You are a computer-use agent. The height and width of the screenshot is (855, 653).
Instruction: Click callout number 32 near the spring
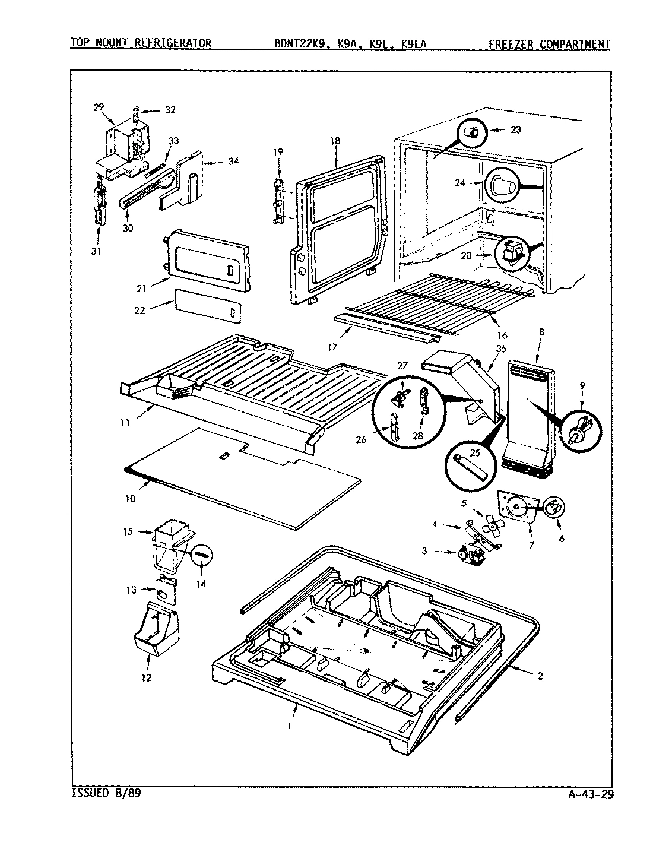(x=171, y=110)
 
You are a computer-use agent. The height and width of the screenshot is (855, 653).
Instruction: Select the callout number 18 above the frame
(x=335, y=141)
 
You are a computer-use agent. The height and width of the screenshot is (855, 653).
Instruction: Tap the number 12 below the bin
(x=146, y=677)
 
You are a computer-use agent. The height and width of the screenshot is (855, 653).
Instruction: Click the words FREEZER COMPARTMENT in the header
(x=549, y=43)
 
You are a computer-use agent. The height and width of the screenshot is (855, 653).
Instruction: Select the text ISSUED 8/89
(x=105, y=793)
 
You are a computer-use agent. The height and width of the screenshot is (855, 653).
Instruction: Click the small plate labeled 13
(x=167, y=591)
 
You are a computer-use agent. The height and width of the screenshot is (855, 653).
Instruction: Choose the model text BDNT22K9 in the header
(x=296, y=43)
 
